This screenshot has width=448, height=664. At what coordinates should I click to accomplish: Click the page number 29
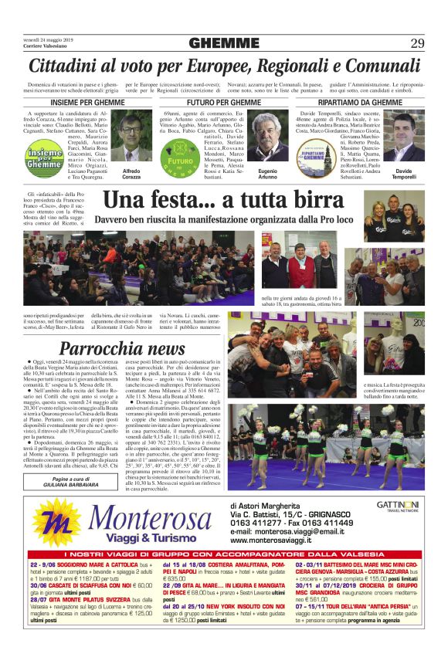(417, 42)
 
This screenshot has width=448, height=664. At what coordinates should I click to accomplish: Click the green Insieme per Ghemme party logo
(42, 162)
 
